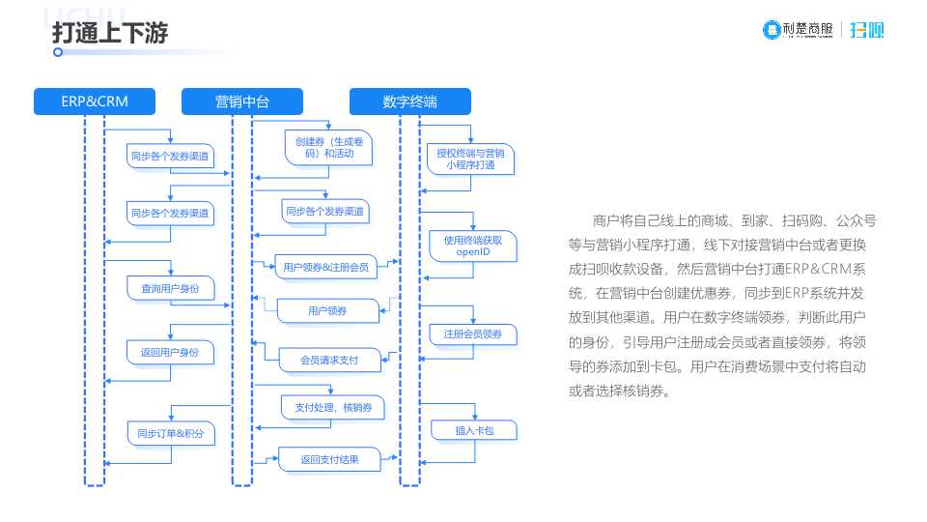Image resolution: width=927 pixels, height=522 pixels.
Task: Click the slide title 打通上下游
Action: coord(110,33)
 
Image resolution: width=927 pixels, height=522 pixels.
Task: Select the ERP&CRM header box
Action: coord(94,101)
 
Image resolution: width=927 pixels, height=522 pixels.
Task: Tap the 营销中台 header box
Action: coord(242,101)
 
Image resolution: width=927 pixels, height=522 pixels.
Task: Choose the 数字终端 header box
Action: coord(409,101)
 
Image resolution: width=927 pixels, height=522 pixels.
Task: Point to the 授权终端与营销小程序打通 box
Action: coord(470,159)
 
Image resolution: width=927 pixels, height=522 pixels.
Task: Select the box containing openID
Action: coord(473,246)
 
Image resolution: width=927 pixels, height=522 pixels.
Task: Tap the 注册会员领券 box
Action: coord(473,334)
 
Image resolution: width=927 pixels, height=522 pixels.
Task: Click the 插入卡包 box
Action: coord(474,430)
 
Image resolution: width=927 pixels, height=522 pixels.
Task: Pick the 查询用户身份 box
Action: coord(170,288)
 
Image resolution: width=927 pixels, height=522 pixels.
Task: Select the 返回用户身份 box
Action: coord(170,353)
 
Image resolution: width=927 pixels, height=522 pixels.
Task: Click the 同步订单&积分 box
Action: coord(170,432)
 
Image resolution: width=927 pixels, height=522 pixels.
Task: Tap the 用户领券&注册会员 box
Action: coord(325,268)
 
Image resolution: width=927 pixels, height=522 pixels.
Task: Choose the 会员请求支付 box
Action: coord(328,360)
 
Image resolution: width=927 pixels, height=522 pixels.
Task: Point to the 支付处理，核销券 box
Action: coord(332,408)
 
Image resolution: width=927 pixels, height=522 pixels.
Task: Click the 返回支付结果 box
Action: coord(328,460)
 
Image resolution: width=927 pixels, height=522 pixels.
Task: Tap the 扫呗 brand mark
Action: coord(867,30)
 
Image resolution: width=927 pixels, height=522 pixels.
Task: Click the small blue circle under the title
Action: coord(58,52)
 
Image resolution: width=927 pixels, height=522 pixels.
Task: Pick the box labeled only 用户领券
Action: coord(327,310)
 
